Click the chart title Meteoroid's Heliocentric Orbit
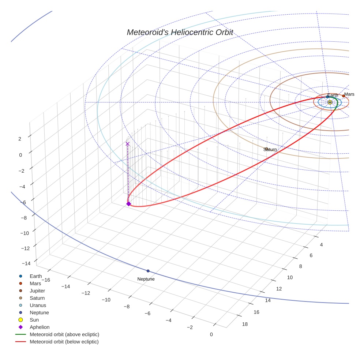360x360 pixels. coord(180,33)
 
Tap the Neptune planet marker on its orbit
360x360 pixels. coord(148,271)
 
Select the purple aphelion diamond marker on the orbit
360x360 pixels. coord(128,204)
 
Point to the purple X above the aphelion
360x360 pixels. coord(127,144)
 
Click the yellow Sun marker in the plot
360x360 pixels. coord(330,102)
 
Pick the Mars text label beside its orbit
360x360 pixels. coord(349,94)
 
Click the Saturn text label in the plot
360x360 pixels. coord(270,150)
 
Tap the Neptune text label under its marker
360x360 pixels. coord(146,279)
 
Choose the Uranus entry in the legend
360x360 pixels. coord(38,305)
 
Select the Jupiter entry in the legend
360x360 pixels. coord(37,291)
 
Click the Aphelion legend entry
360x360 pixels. coord(40,327)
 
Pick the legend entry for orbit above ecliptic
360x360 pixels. coord(64,334)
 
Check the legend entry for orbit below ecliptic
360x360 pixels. coord(64,342)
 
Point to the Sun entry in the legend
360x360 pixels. coord(34,320)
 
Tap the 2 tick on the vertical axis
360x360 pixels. coord(20,139)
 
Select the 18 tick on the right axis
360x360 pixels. coord(245,324)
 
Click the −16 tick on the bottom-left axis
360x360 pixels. coord(45,280)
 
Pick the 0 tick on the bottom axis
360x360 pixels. coord(211,334)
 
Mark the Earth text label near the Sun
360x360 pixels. coord(333,95)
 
